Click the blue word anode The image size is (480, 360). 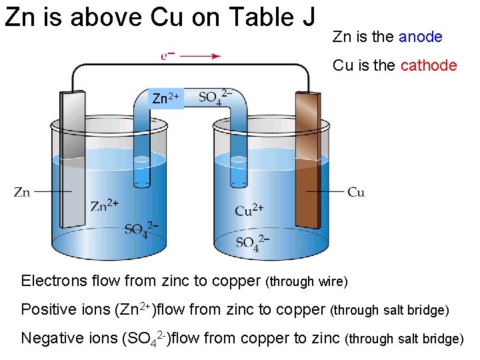coord(420,37)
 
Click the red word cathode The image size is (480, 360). coord(429,65)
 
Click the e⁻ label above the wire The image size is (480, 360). coord(168,56)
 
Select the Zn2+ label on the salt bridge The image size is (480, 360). coord(165,99)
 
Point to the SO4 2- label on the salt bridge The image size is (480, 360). coord(215,97)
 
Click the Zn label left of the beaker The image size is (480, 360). coord(22,193)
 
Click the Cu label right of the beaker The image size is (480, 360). coord(356,193)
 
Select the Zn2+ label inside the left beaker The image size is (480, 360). coord(105,204)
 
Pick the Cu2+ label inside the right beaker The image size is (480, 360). coord(249,211)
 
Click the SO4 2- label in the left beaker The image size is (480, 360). coord(141,229)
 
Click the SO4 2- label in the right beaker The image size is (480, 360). coord(252,242)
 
